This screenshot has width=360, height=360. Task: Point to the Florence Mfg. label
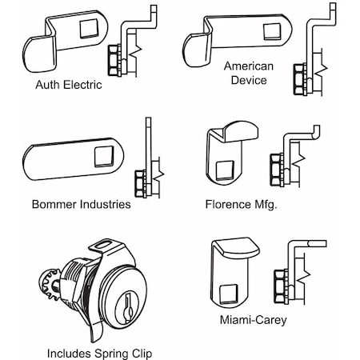click(241, 204)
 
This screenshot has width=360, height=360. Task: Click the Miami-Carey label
click(252, 320)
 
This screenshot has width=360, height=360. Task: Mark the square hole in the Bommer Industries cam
click(103, 157)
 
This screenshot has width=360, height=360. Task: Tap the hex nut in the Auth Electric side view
click(114, 58)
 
